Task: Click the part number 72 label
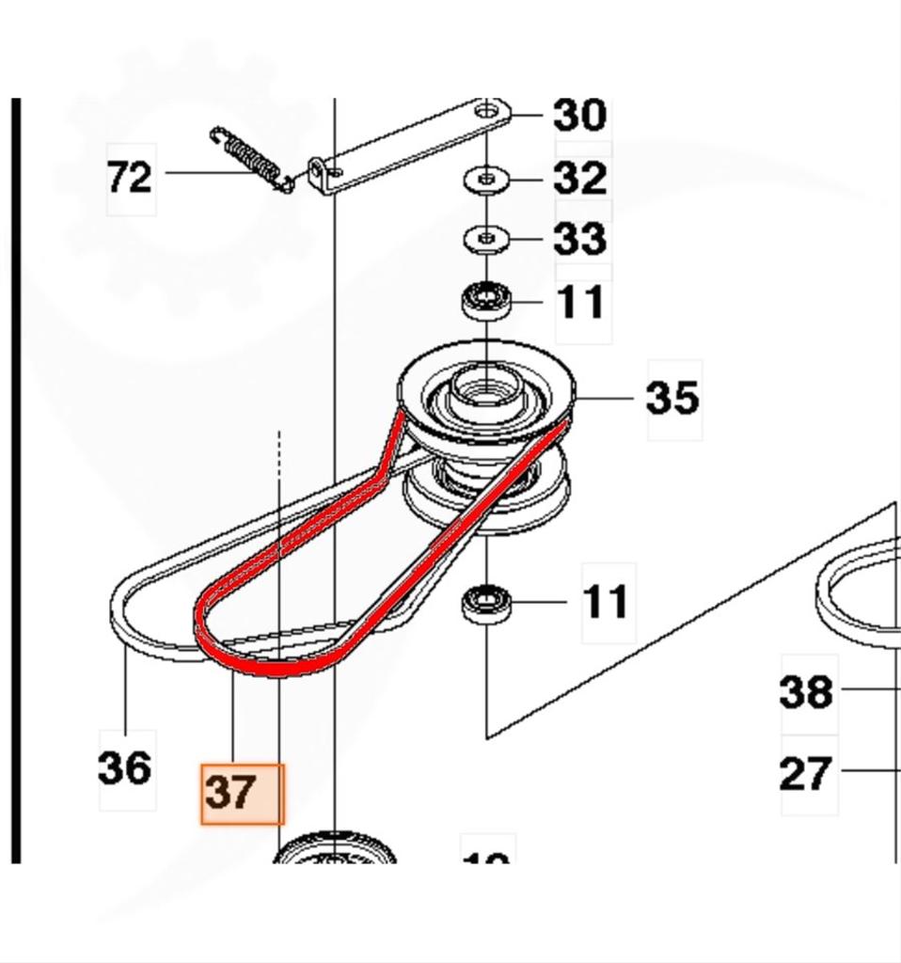point(130,177)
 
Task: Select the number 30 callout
point(579,116)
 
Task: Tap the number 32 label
point(579,178)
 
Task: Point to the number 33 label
point(579,239)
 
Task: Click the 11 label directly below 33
point(581,303)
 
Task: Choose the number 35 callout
point(672,398)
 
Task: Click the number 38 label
point(807,693)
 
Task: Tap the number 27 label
point(807,774)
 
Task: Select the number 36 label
point(125,768)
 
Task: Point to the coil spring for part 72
point(250,156)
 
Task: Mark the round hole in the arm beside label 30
point(486,112)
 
